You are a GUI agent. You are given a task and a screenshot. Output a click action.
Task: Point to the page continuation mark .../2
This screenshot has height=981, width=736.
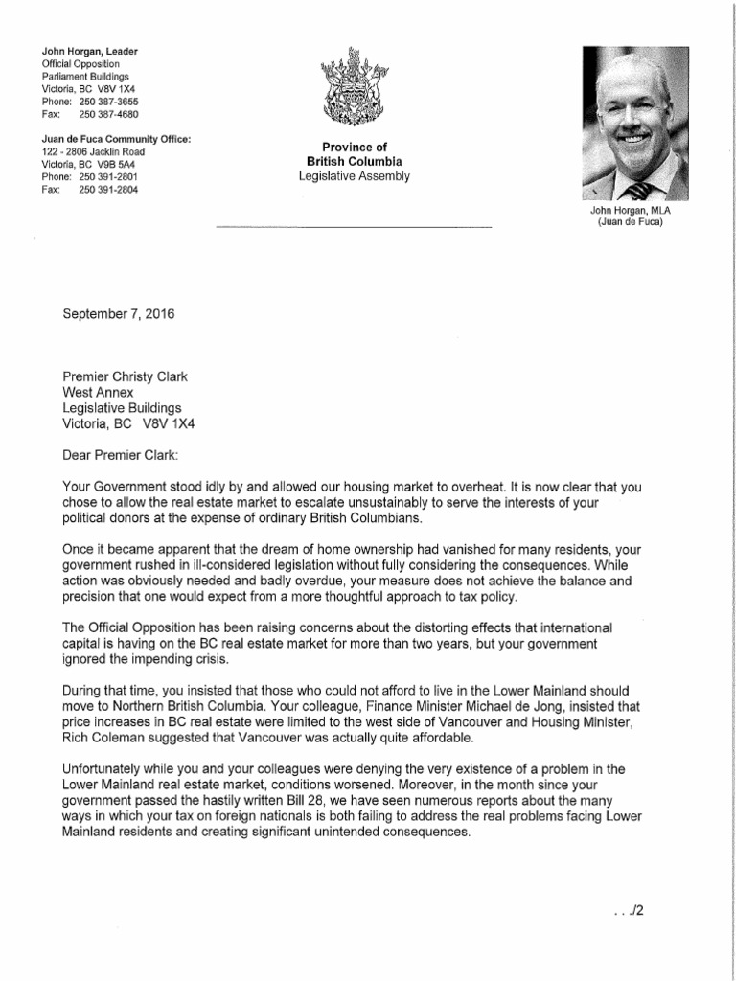(625, 911)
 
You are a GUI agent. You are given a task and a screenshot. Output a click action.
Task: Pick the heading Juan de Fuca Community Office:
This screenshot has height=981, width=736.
(116, 139)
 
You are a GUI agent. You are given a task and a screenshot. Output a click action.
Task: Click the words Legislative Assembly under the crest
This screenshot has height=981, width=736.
(353, 176)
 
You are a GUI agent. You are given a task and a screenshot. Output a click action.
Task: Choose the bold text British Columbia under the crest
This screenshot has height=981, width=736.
(353, 161)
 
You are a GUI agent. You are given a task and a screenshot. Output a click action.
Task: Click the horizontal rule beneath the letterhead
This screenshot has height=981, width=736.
(353, 227)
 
